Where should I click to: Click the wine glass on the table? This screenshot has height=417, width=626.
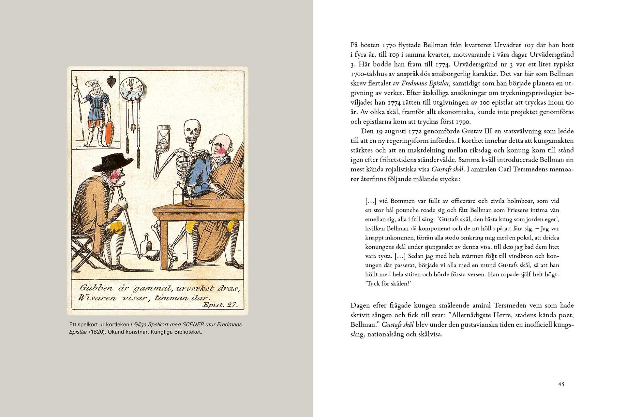coord(189,195)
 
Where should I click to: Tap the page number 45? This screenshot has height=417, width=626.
coord(561,384)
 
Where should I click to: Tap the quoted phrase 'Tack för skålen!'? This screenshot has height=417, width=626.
coord(387,283)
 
